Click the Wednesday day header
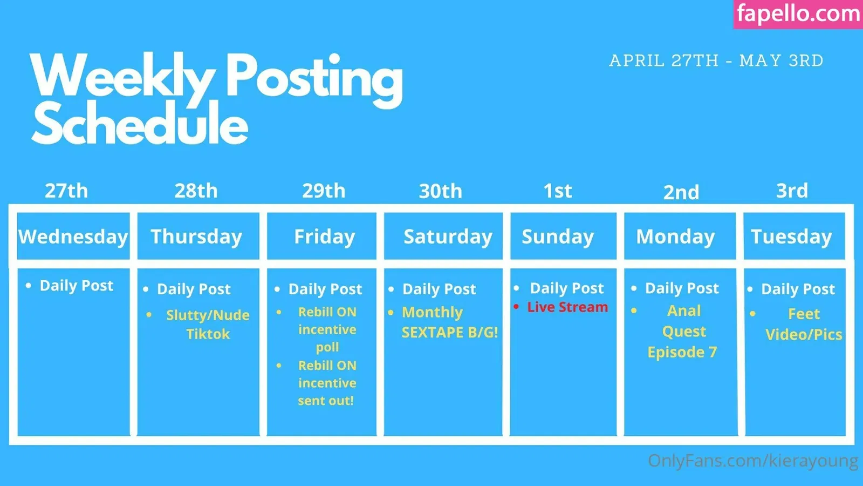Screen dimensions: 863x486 [x=73, y=237]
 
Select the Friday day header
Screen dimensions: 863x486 [x=324, y=237]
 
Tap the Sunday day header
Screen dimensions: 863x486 [x=558, y=237]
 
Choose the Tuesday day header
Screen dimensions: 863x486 [x=791, y=237]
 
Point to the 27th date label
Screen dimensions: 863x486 [x=66, y=191]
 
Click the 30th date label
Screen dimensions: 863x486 [x=440, y=191]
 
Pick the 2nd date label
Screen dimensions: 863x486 [x=681, y=192]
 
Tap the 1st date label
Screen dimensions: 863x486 [x=558, y=191]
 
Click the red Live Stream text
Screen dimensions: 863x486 [x=567, y=307]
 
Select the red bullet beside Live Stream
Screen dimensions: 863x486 [x=516, y=307]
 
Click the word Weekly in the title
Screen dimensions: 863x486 [x=122, y=76]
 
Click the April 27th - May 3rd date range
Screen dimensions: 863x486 [x=716, y=60]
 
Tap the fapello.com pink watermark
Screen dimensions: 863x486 [x=798, y=14]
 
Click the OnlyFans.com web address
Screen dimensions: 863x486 [x=753, y=461]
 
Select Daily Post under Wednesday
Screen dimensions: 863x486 [x=77, y=286]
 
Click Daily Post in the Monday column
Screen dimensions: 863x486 [x=682, y=288]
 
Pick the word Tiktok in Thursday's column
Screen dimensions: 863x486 [x=208, y=334]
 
